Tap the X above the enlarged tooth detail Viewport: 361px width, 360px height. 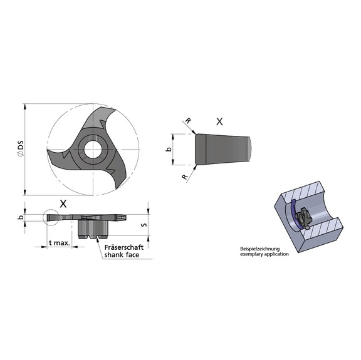tap(219, 122)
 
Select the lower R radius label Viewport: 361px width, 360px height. tap(186, 177)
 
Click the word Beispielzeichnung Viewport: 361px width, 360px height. tap(261, 249)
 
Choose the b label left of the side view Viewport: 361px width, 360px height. tap(21, 217)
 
